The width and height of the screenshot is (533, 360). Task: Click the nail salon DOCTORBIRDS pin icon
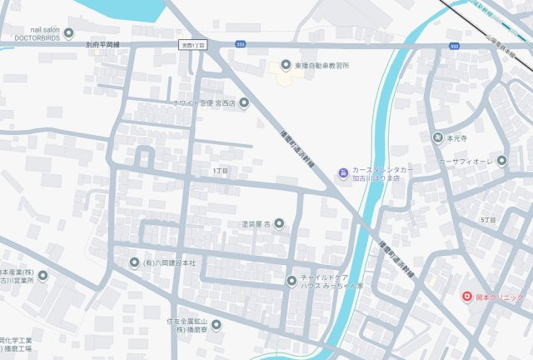69,34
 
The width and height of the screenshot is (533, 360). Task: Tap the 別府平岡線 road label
103,45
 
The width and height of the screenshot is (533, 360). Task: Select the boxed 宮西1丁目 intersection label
192,44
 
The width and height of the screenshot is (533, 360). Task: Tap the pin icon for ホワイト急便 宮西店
244,103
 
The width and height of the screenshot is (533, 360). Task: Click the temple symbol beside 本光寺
437,137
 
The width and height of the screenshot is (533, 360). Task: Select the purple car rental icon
342,172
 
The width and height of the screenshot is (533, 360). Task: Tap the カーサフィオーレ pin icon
501,161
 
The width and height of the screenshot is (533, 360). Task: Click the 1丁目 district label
220,170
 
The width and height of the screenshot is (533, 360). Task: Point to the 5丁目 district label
488,219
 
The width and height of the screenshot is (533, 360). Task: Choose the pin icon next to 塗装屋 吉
278,222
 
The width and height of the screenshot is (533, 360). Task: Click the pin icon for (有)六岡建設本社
134,262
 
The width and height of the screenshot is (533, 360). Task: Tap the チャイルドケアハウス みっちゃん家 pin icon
291,280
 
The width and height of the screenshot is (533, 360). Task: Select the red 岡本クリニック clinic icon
466,297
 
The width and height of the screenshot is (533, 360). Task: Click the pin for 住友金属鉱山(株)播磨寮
216,324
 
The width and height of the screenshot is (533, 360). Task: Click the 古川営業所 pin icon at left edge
42,276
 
